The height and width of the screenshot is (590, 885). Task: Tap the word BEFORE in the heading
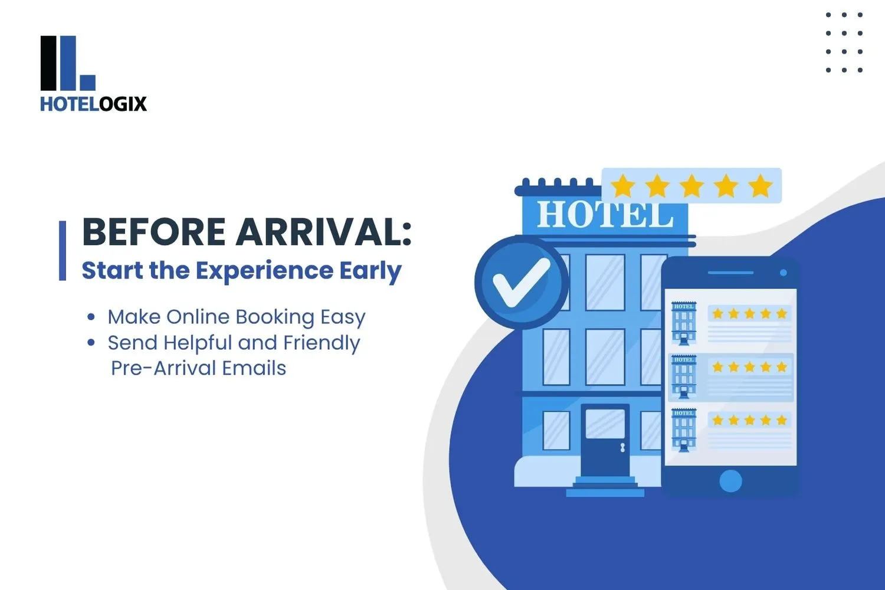click(x=153, y=232)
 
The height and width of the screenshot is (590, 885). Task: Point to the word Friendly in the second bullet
click(x=322, y=343)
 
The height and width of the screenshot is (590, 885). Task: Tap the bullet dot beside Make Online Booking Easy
click(x=91, y=317)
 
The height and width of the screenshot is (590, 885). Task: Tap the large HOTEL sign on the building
click(x=605, y=215)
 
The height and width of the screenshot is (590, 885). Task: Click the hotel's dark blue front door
click(x=605, y=440)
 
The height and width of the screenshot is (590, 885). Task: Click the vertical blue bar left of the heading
click(x=63, y=250)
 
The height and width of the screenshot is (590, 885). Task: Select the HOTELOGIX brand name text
click(x=93, y=104)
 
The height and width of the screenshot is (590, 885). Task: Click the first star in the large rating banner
click(x=623, y=186)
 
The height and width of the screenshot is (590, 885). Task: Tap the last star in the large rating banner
click(x=761, y=186)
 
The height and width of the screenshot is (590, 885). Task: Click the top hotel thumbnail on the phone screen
click(x=684, y=323)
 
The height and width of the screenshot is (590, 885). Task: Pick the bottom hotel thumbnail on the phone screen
click(x=684, y=430)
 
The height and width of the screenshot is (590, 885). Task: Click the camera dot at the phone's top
click(x=783, y=273)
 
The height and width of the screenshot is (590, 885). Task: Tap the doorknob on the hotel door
click(x=622, y=448)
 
